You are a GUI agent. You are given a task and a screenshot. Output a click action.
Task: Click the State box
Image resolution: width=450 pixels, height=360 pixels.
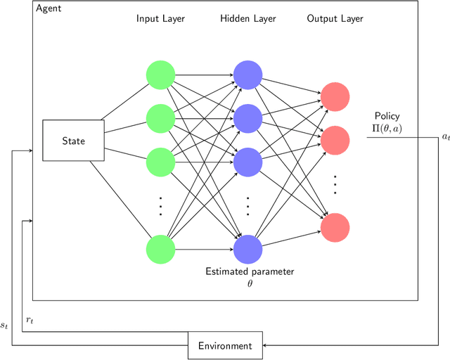pyautogui.click(x=73, y=141)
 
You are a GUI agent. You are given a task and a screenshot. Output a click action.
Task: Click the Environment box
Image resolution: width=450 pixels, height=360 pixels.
pyautogui.click(x=224, y=345)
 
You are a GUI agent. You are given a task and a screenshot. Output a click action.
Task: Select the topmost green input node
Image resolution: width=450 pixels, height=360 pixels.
pyautogui.click(x=160, y=74)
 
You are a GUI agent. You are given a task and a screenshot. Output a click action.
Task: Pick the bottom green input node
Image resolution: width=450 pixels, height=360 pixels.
pyautogui.click(x=160, y=250)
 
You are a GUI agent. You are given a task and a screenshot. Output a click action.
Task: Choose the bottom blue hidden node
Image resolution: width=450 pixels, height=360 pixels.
pyautogui.click(x=247, y=249)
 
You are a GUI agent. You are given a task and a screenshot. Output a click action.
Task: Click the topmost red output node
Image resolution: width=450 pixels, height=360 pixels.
pyautogui.click(x=335, y=97)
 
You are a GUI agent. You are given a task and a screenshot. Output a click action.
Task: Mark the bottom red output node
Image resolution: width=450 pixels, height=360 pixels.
pyautogui.click(x=335, y=227)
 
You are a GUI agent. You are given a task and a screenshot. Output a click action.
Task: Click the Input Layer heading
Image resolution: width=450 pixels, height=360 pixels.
pyautogui.click(x=160, y=18)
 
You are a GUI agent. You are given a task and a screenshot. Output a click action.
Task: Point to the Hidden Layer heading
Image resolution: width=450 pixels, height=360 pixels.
pyautogui.click(x=247, y=18)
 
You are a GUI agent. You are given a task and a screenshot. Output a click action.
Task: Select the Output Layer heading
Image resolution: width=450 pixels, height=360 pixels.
pyautogui.click(x=335, y=18)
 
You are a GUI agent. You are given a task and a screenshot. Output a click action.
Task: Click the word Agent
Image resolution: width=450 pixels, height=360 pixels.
pyautogui.click(x=50, y=8)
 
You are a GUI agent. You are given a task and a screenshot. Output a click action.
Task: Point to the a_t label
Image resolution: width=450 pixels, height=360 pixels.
pyautogui.click(x=444, y=137)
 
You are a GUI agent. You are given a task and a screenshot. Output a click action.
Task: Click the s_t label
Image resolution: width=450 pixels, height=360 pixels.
pyautogui.click(x=6, y=326)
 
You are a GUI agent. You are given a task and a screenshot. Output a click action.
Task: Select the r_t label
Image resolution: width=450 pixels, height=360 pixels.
pyautogui.click(x=30, y=320)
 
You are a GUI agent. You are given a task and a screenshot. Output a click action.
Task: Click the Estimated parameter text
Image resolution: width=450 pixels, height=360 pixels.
pyautogui.click(x=250, y=271)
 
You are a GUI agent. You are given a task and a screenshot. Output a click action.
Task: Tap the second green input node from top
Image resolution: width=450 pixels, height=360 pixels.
pyautogui.click(x=160, y=117)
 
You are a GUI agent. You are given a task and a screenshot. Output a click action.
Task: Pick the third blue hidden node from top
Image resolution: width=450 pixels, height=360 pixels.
pyautogui.click(x=247, y=161)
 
